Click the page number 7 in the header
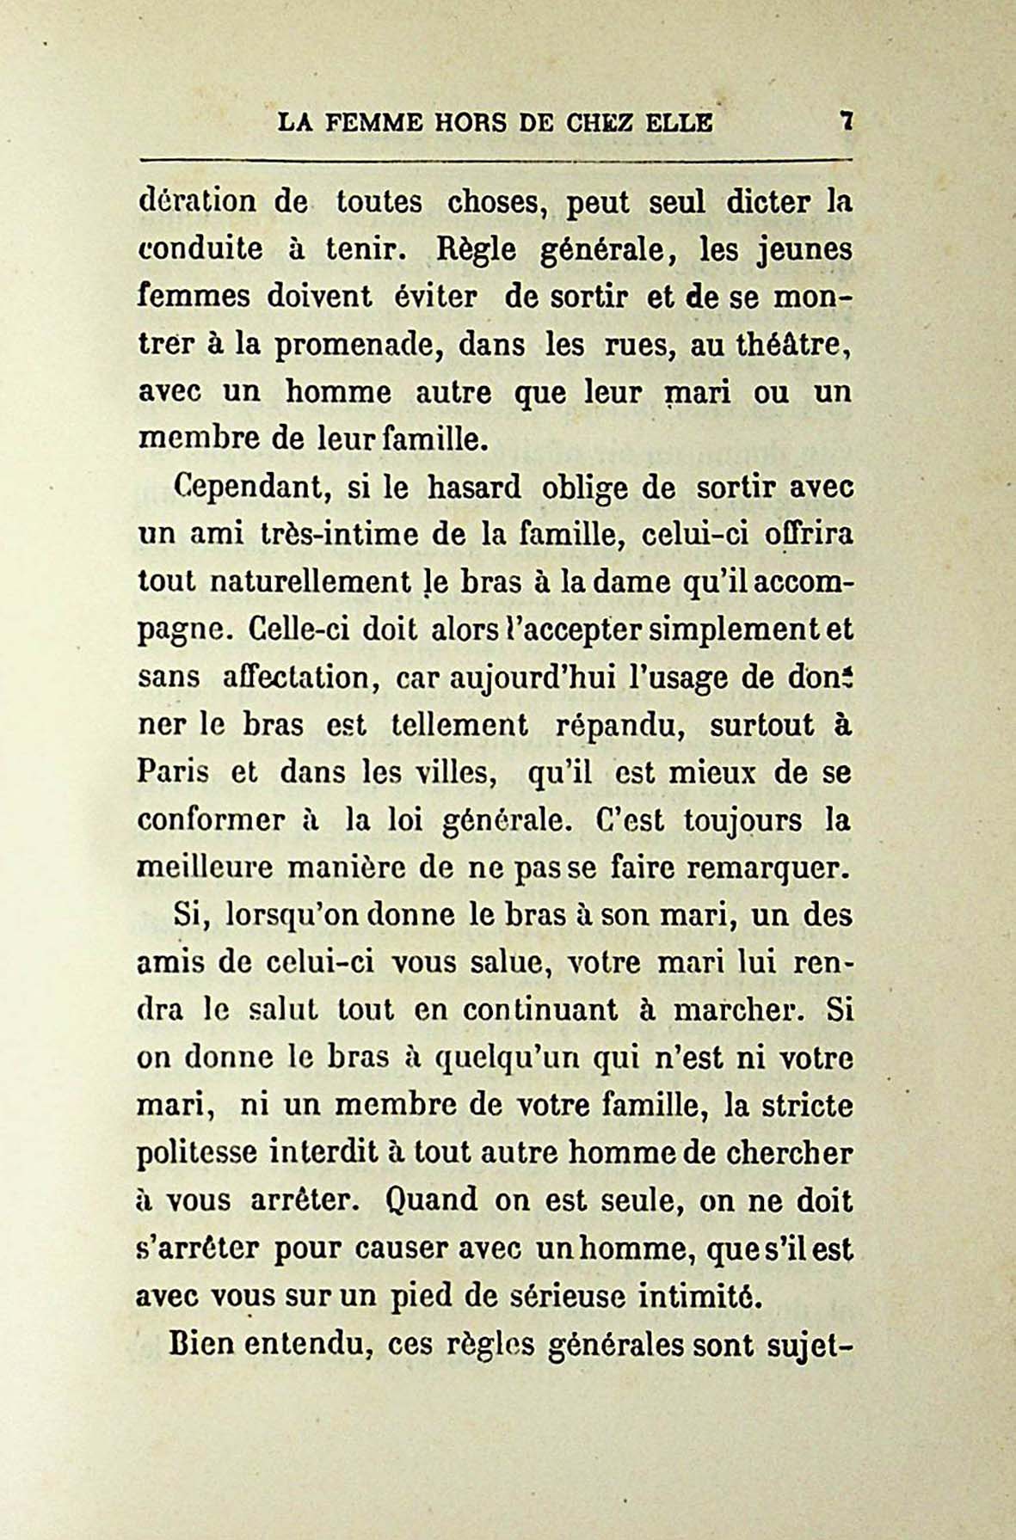pos(847,123)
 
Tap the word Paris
pos(173,772)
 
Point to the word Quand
pos(432,1199)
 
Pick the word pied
pos(423,1295)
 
